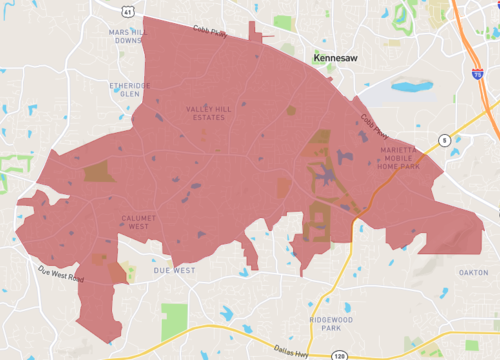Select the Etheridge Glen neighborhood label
(x=130, y=90)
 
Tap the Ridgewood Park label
(x=326, y=323)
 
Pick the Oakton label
(x=473, y=272)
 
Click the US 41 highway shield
(x=128, y=12)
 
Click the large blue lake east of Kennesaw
(x=412, y=87)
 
